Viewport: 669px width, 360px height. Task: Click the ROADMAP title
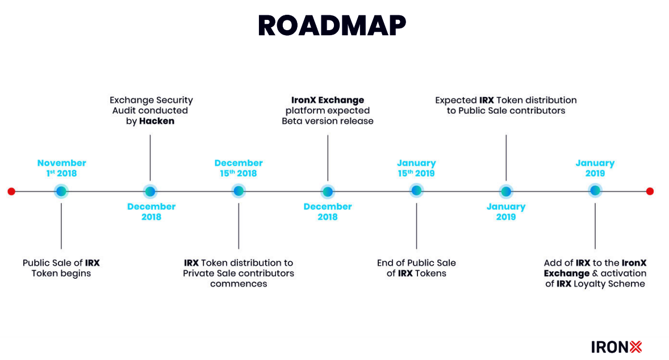(332, 26)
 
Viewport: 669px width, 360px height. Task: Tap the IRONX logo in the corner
(617, 347)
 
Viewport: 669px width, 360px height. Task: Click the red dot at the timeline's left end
(11, 191)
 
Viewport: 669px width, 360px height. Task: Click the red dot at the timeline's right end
(650, 191)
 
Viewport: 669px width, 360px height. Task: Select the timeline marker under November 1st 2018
(61, 191)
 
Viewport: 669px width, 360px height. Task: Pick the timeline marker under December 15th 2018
(239, 191)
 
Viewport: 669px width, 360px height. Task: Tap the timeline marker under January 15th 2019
(416, 191)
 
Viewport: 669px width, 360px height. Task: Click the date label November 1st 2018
(61, 168)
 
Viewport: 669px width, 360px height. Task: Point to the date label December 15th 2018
(239, 168)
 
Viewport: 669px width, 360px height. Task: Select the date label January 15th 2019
(416, 168)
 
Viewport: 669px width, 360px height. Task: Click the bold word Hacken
(157, 121)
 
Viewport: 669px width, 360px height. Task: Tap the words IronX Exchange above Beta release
(328, 101)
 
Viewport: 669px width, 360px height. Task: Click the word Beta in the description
(291, 121)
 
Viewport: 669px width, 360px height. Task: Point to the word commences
(239, 284)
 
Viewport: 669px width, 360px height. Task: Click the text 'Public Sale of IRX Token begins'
(61, 268)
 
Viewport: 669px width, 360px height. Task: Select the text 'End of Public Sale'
(416, 263)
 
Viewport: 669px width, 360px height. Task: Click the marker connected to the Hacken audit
(150, 192)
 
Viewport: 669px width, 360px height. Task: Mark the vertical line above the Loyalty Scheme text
(595, 226)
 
